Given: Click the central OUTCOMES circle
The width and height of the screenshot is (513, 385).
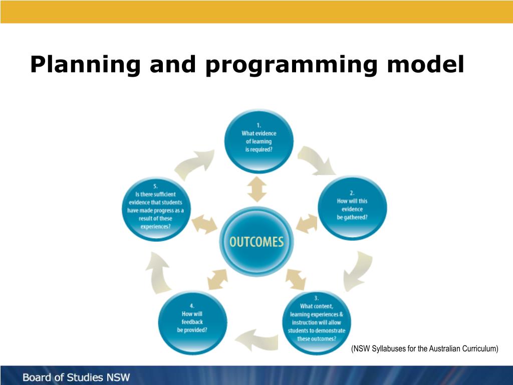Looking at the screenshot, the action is [x=256, y=241].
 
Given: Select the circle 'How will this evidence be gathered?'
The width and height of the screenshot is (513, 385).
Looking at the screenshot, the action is [x=353, y=206].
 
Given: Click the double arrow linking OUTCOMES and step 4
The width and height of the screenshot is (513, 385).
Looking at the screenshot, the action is [x=217, y=279].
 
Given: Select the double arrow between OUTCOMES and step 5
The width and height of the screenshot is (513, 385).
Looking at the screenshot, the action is [x=205, y=225].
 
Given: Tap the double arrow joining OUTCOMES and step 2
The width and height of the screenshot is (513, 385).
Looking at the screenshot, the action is [x=306, y=223].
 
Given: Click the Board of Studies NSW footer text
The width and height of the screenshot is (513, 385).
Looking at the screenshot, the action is [x=76, y=377].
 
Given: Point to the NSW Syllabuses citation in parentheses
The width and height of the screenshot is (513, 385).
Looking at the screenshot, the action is [x=425, y=348].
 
